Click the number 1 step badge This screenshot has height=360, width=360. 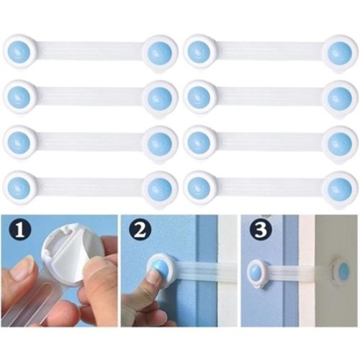[x=21, y=230]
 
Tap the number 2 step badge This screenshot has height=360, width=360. [x=140, y=230]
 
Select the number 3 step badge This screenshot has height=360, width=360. [x=261, y=230]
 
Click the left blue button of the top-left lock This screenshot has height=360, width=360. [x=19, y=52]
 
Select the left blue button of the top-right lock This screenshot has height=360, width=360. [x=199, y=52]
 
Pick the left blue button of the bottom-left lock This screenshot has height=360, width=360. [x=19, y=187]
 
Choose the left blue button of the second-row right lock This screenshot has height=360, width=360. [x=199, y=96]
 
